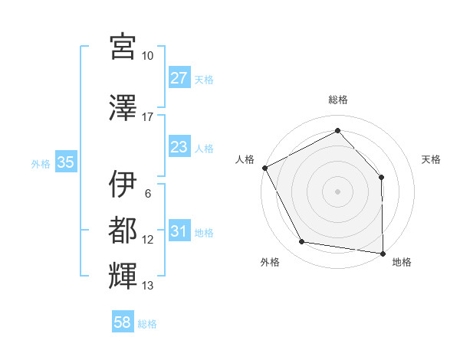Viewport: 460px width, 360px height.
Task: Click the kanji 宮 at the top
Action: [123, 47]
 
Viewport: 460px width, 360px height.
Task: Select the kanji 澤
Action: [123, 109]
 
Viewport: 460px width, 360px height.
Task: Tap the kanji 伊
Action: [123, 184]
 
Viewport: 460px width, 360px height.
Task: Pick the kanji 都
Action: [123, 229]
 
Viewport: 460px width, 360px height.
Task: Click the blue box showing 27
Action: [179, 78]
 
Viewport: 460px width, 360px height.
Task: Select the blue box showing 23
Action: [179, 147]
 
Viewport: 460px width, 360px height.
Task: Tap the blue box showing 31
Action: [179, 231]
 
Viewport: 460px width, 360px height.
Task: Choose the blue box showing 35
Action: [66, 162]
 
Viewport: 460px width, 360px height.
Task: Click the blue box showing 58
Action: [123, 323]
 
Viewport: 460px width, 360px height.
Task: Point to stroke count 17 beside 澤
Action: [148, 117]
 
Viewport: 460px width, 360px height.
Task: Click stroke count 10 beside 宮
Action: [148, 56]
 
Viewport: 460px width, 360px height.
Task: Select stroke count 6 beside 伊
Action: [148, 193]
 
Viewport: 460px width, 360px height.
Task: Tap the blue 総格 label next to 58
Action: [147, 324]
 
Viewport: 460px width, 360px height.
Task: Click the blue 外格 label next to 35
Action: [41, 163]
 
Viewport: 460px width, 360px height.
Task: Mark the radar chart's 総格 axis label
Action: [338, 100]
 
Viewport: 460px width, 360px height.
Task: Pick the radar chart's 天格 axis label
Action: [432, 159]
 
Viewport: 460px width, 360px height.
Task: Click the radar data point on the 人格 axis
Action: [264, 167]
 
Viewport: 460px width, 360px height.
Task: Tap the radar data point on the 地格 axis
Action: [383, 252]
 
